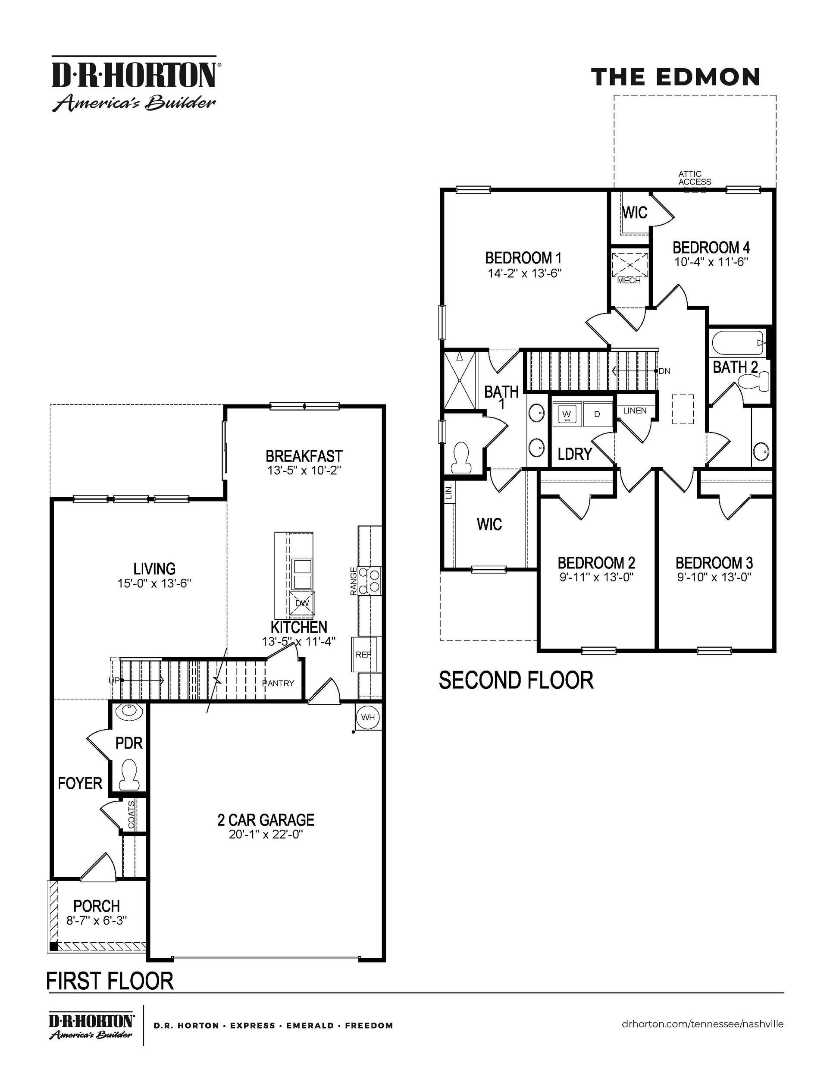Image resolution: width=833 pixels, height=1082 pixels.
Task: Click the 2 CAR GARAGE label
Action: coord(266,820)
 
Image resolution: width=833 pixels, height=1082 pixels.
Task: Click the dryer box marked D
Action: coord(597,414)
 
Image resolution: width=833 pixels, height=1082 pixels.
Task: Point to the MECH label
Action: coord(629,281)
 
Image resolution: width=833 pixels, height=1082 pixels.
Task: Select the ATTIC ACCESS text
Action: coord(694,178)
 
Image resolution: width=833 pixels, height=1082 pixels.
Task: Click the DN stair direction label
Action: coord(664,370)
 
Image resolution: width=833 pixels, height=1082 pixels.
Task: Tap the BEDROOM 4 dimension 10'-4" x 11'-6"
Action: coord(711,262)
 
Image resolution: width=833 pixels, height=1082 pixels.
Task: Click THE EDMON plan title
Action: coord(676,77)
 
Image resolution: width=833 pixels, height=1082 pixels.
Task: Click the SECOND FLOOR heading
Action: coord(516,680)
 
